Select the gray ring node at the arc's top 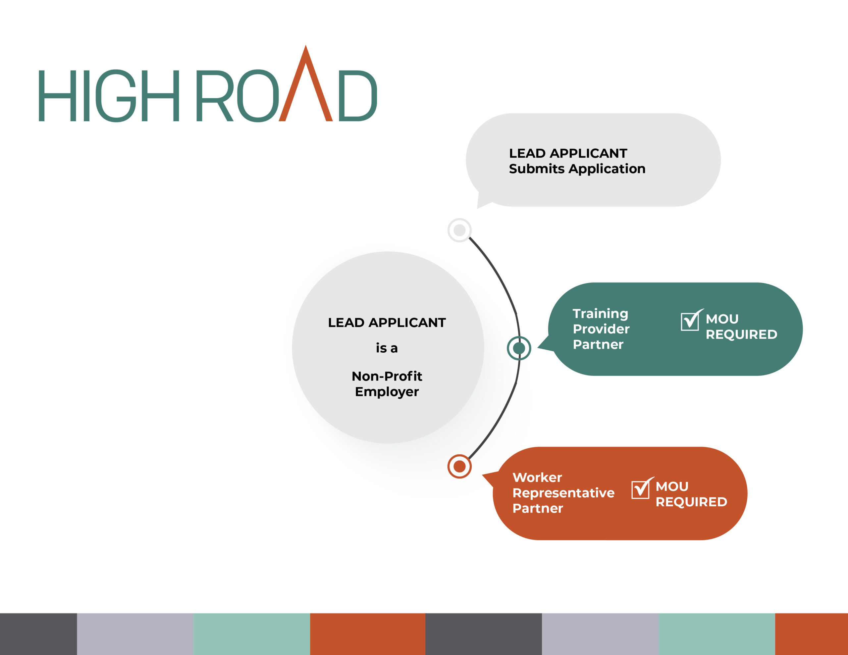click(460, 230)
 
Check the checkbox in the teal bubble click(690, 321)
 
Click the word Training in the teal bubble click(600, 314)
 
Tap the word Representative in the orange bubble click(563, 493)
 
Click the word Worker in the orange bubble click(537, 477)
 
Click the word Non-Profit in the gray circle click(387, 376)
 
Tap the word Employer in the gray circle click(387, 392)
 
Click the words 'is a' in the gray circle click(387, 348)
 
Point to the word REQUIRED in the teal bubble click(742, 334)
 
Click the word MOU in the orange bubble click(672, 486)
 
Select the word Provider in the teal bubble click(601, 329)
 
